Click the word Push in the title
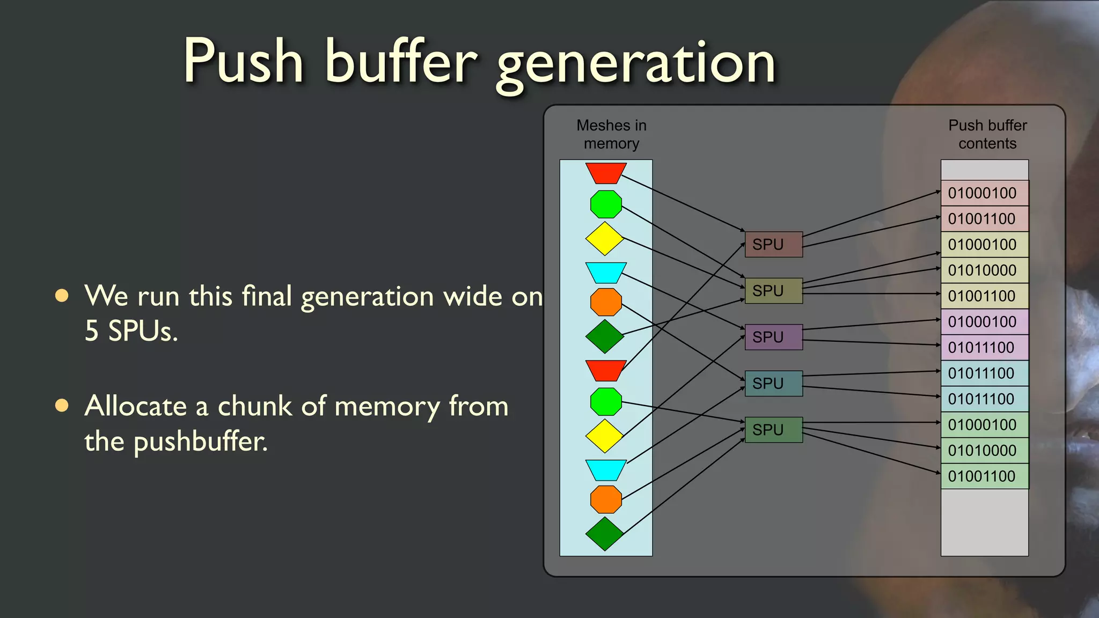[x=244, y=62]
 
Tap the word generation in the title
[x=636, y=64]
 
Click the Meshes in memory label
[x=611, y=134]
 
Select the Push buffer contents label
[x=987, y=134]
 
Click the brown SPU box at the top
[x=773, y=245]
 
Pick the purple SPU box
[x=773, y=337]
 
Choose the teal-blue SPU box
[x=773, y=384]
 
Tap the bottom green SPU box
[x=773, y=430]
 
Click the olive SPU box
[x=773, y=291]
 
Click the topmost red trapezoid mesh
[x=606, y=173]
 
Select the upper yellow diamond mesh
[x=605, y=239]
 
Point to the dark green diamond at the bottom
[x=605, y=534]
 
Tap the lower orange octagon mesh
[x=606, y=499]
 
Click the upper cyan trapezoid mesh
[x=606, y=272]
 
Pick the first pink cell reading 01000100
[x=984, y=193]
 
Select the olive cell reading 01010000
[x=984, y=270]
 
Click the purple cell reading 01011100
[x=984, y=348]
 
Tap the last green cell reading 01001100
[x=984, y=476]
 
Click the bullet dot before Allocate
[x=62, y=406]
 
